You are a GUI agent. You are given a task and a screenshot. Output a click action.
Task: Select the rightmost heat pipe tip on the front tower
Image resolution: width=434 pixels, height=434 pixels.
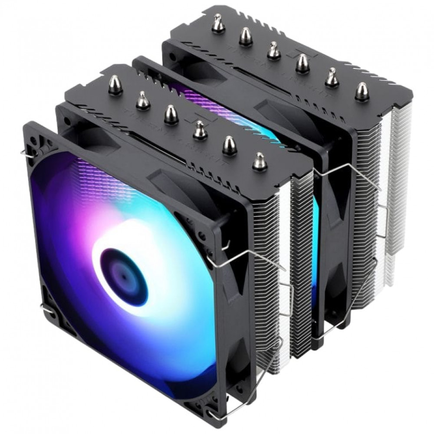pyautogui.click(x=260, y=161)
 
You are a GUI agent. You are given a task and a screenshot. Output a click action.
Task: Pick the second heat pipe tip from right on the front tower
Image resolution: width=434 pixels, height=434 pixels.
pyautogui.click(x=229, y=145)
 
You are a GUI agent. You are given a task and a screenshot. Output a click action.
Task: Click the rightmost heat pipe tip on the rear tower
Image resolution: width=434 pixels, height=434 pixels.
pyautogui.click(x=362, y=91)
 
